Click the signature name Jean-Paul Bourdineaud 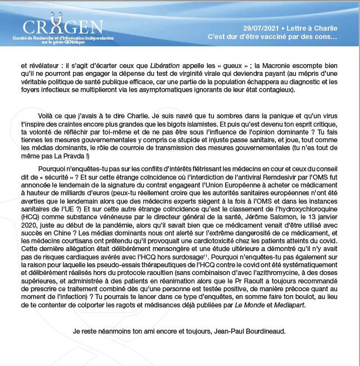(242, 331)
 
